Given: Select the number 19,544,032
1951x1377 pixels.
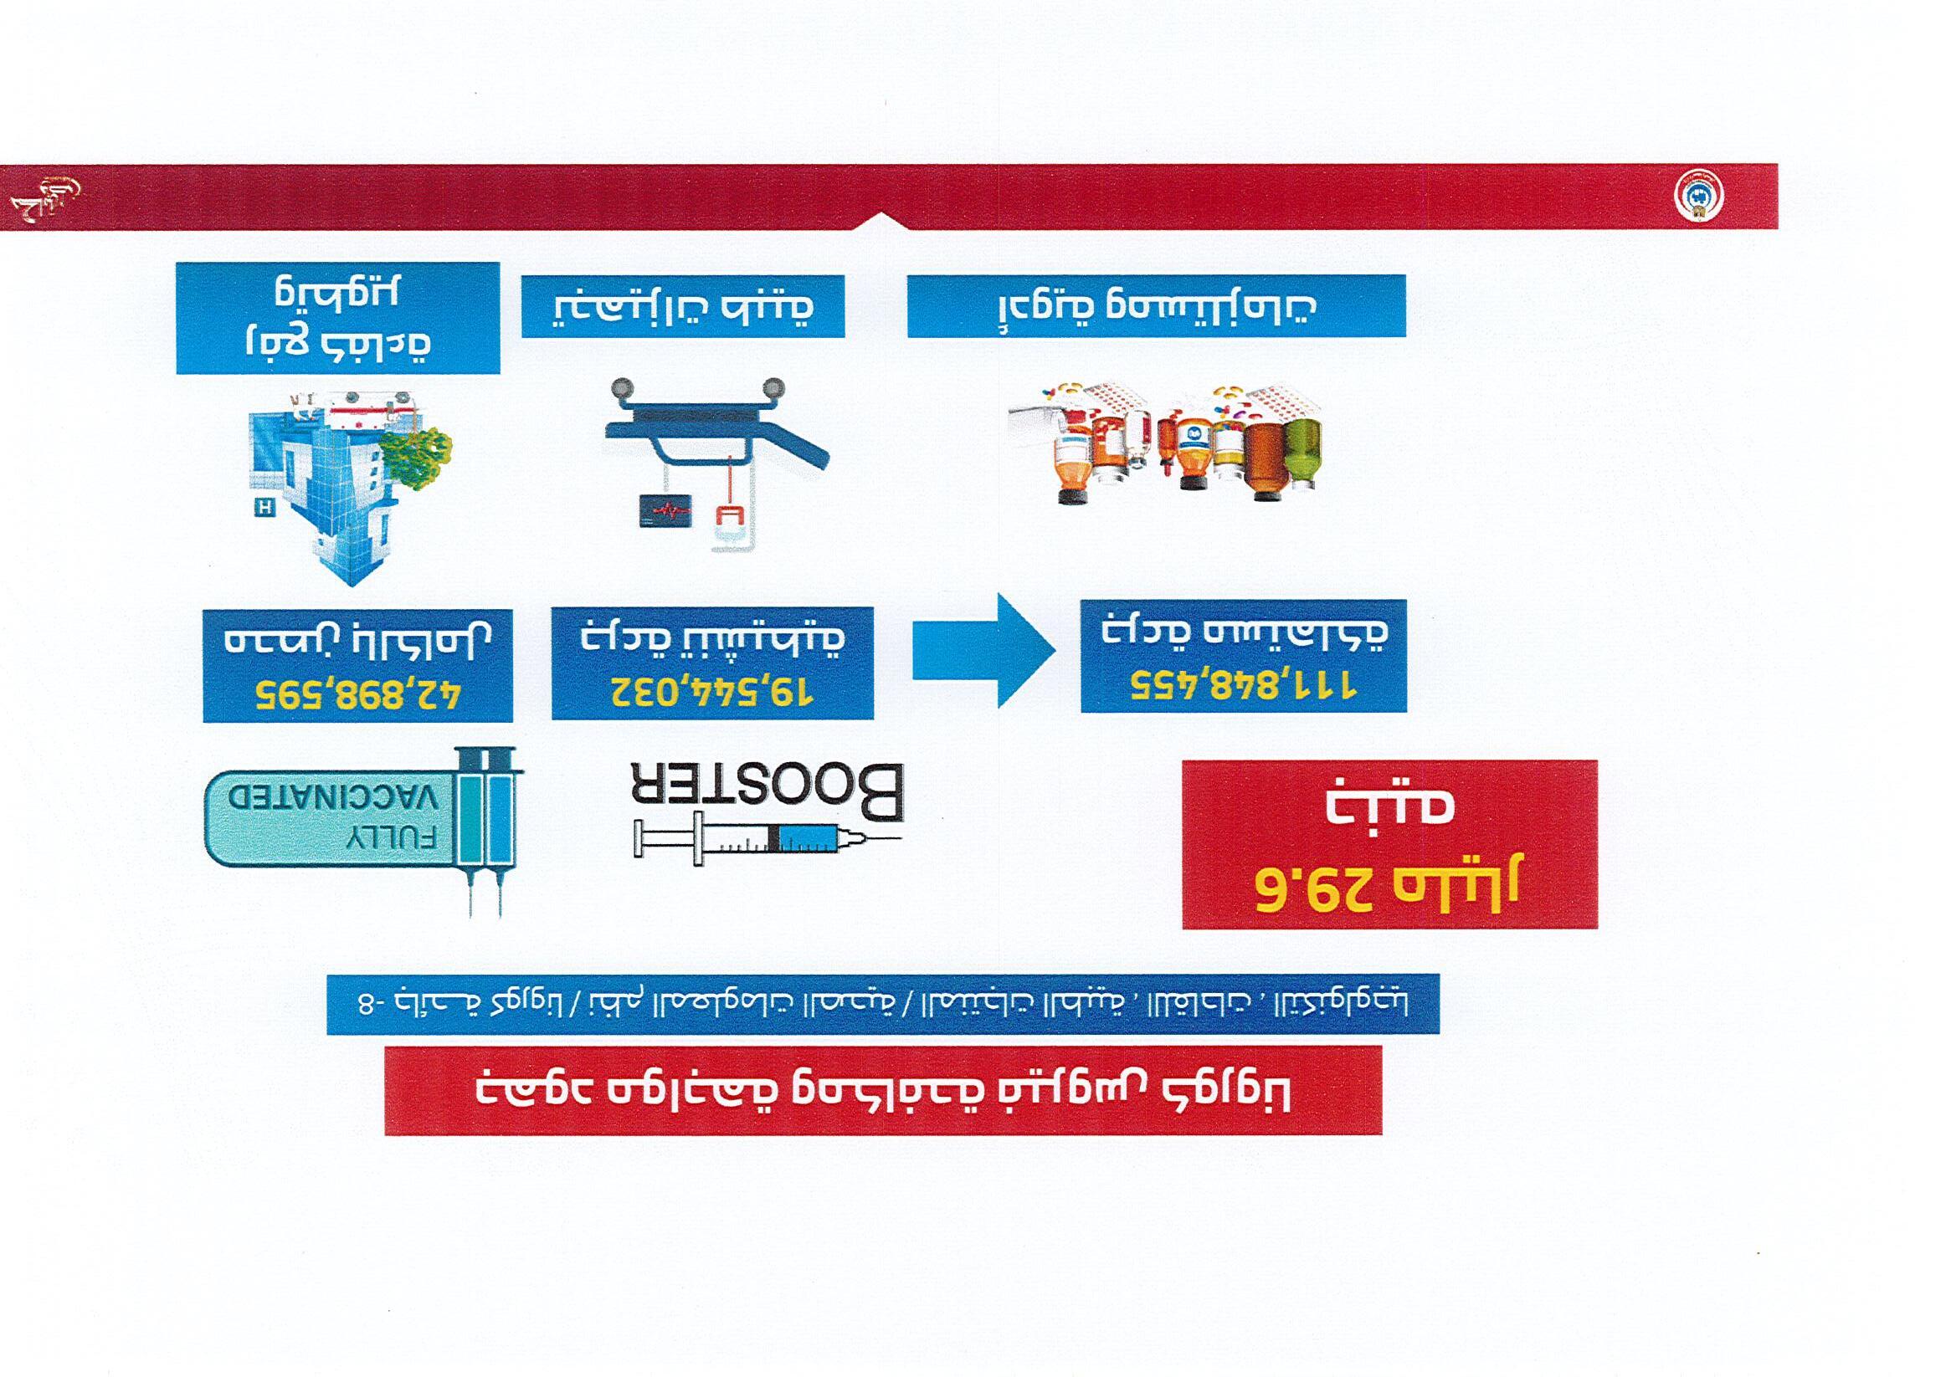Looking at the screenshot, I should coord(712,693).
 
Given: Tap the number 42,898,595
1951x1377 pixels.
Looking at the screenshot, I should coord(357,697).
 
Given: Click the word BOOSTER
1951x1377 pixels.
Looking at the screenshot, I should coord(768,792).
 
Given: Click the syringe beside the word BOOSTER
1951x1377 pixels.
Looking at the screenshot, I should coord(765,840).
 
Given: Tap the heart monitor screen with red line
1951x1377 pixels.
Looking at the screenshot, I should coord(665,510).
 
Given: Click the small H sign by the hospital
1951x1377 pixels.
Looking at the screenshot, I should coord(264,508).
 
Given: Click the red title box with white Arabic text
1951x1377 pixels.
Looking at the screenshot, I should coord(884,1091).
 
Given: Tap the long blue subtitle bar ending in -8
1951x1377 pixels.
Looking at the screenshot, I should coord(883,1003).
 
